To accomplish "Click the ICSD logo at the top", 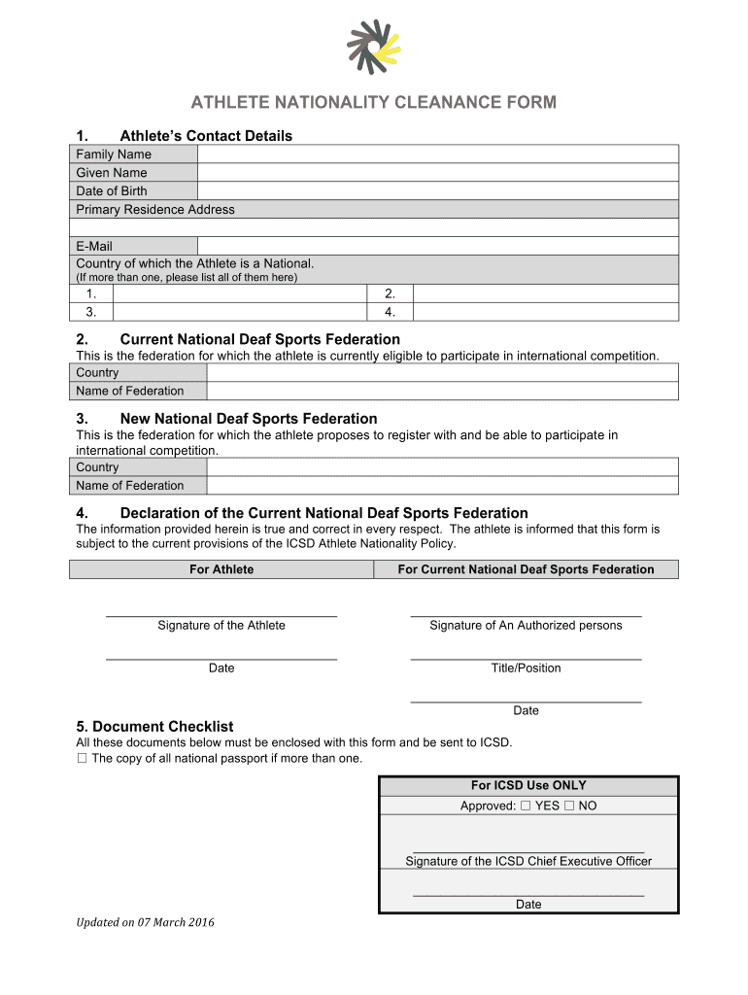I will [373, 47].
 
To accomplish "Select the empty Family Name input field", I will [437, 154].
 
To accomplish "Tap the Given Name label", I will [112, 173].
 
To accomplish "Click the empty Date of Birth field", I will [437, 191].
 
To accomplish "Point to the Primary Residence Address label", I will [155, 210].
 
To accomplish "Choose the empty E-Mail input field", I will [437, 247].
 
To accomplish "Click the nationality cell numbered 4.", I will [545, 312].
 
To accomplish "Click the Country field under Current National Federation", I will [442, 373].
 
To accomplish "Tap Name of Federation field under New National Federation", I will [442, 486].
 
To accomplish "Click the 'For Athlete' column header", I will [221, 569].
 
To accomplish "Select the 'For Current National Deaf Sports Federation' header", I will [526, 569].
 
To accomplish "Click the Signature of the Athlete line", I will [221, 614].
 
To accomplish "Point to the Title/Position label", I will [526, 669].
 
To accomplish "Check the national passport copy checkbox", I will [82, 759].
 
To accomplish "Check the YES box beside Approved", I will [526, 806].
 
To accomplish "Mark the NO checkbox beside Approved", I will [569, 806].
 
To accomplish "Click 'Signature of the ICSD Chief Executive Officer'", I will [528, 861].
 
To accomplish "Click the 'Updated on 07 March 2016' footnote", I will [146, 922].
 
